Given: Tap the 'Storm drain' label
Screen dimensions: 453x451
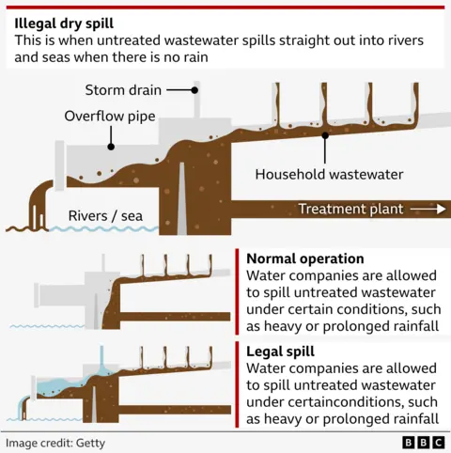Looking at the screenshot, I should (x=123, y=90).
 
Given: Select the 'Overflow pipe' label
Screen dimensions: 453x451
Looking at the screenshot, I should (x=109, y=117).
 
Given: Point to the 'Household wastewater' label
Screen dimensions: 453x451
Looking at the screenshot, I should (x=329, y=174).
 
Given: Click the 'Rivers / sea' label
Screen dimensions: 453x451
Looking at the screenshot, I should (x=105, y=216).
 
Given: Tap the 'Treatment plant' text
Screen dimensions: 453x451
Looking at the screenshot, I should (x=350, y=209).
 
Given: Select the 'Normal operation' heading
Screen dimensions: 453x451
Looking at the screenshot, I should (x=304, y=258).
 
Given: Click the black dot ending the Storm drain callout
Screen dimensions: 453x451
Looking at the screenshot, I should (x=195, y=90).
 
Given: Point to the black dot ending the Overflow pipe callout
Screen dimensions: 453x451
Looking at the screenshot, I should (x=111, y=146).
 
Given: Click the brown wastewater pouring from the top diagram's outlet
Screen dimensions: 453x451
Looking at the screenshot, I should (x=38, y=209).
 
